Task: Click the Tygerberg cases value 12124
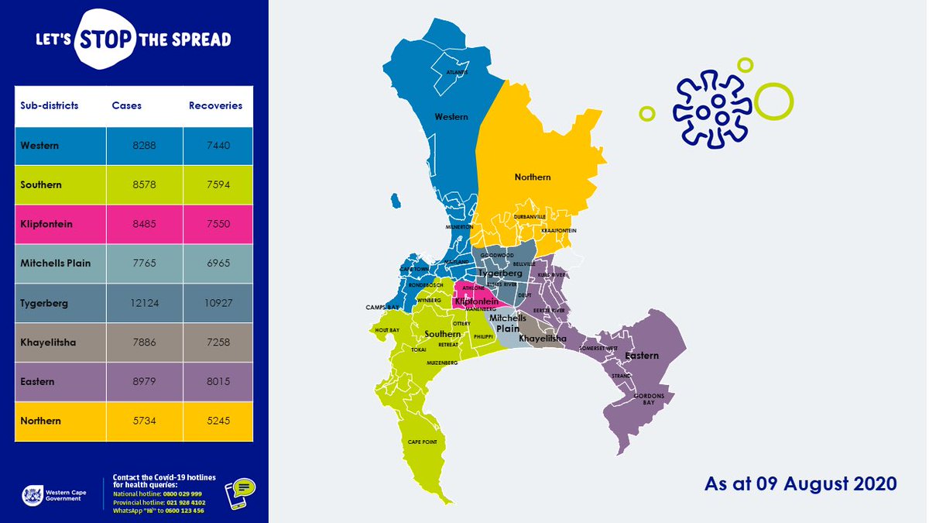click(x=145, y=303)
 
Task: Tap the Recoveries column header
click(x=215, y=105)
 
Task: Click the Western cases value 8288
click(x=145, y=146)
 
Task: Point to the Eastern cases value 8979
click(x=145, y=381)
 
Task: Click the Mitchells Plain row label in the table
click(x=55, y=263)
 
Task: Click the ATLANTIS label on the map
click(x=458, y=72)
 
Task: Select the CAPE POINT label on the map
click(x=423, y=442)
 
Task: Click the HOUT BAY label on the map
click(x=386, y=330)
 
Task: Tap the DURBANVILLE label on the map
click(x=530, y=216)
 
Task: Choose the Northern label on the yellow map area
click(x=533, y=177)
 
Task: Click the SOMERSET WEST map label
click(x=598, y=349)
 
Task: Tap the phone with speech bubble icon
click(x=240, y=493)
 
